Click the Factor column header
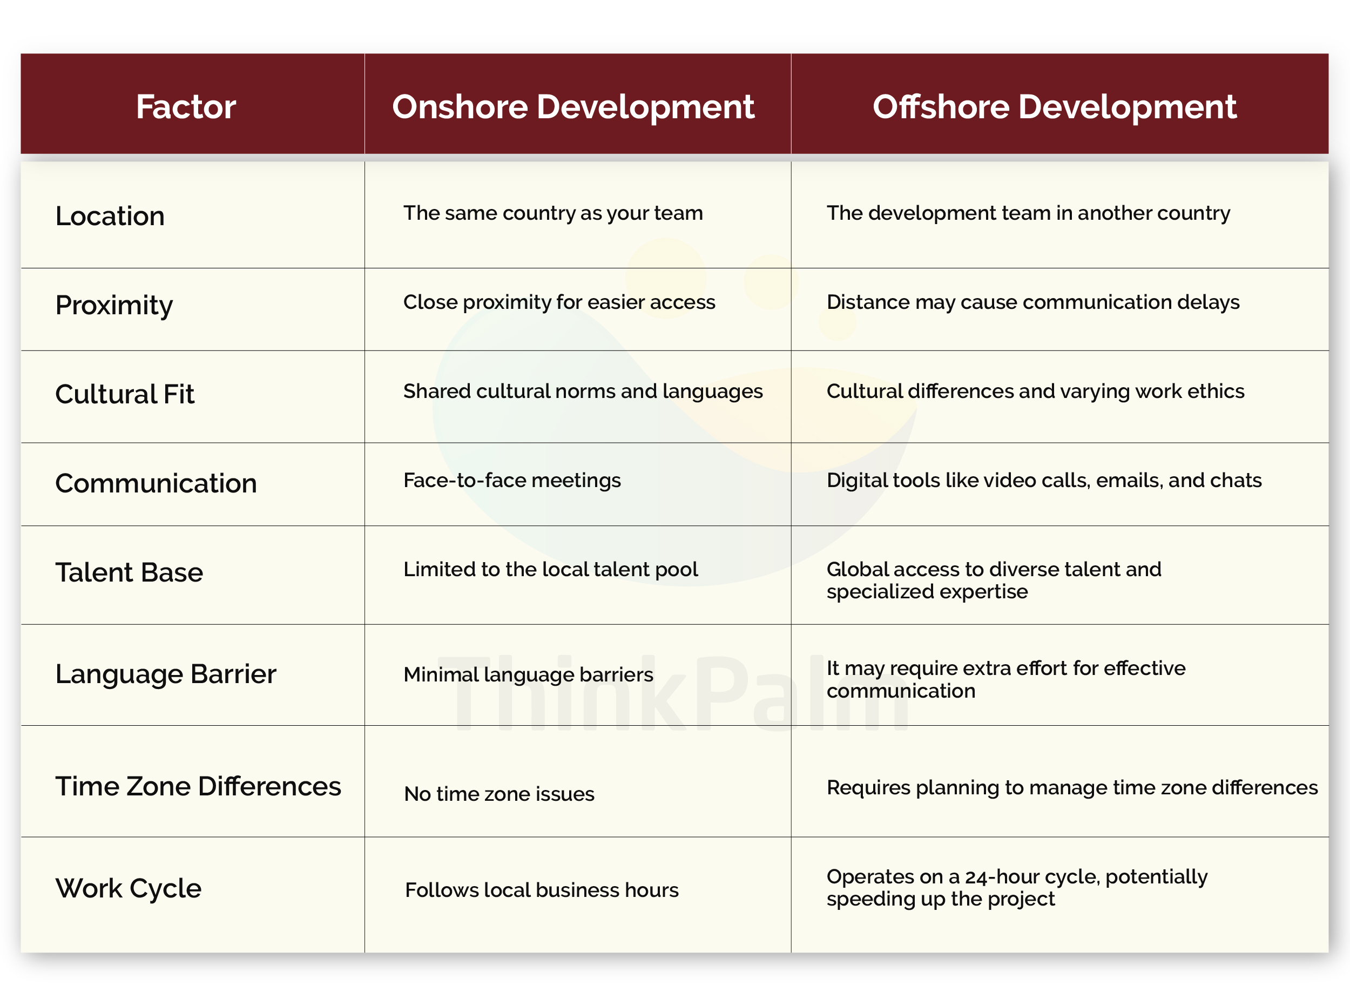[x=186, y=106]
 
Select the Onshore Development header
[x=573, y=106]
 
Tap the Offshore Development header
[x=1054, y=106]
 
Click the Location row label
[x=110, y=216]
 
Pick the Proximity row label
[x=114, y=305]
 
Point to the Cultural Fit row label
[x=125, y=394]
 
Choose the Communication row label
[x=156, y=483]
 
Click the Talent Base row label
[x=129, y=572]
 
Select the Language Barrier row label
[x=166, y=674]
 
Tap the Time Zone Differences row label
[x=198, y=786]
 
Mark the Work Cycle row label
[x=129, y=888]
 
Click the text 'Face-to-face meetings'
[x=511, y=481]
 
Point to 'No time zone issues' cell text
[x=499, y=794]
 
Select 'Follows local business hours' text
[x=541, y=890]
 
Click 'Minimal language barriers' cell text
[x=528, y=675]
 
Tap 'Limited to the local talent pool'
[x=550, y=569]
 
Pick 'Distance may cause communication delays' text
[x=1032, y=302]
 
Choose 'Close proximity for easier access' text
[x=559, y=302]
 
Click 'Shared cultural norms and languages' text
[x=583, y=391]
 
